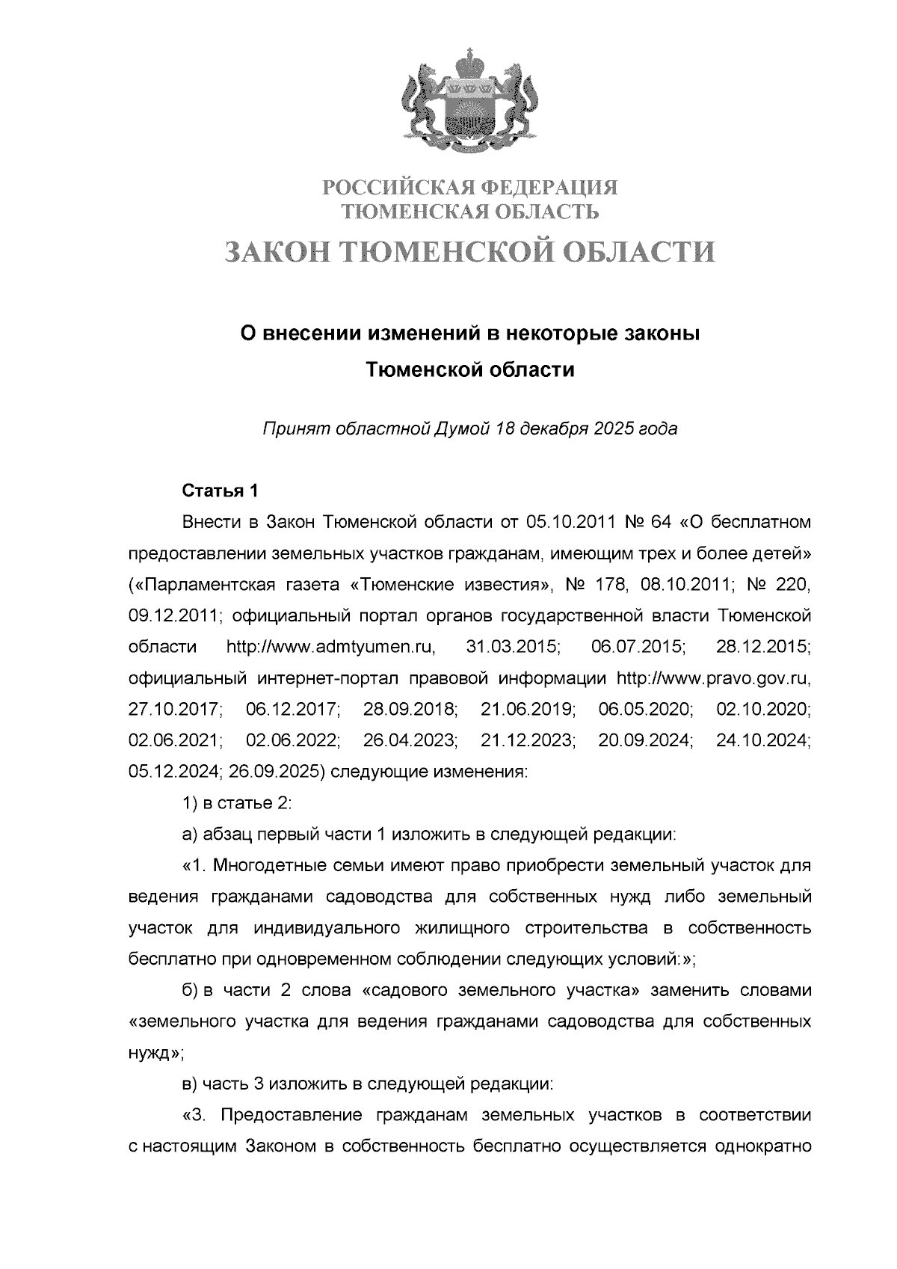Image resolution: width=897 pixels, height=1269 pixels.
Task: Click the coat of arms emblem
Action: point(470,100)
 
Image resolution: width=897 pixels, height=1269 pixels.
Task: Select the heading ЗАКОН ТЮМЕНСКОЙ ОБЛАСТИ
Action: point(470,252)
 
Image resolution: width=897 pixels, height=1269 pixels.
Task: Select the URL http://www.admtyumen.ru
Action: point(335,647)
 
